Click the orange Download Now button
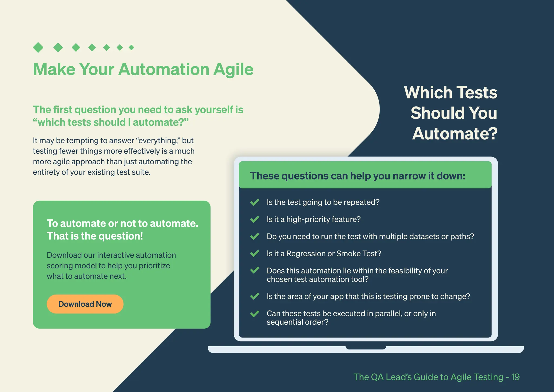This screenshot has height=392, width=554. [85, 304]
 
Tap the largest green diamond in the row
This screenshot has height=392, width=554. [38, 47]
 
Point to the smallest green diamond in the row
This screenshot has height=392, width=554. [131, 48]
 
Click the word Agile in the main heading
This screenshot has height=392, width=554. [233, 70]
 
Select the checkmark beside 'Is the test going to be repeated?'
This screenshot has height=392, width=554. [255, 202]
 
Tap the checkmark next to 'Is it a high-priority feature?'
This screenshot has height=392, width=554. [255, 219]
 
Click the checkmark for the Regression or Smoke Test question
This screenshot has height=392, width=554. [255, 253]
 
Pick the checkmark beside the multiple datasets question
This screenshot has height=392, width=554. [255, 236]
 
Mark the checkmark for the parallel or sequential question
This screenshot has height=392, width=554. [255, 314]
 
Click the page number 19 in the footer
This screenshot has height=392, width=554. [515, 377]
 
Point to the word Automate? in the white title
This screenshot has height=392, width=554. [455, 134]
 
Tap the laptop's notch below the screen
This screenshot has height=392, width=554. [366, 348]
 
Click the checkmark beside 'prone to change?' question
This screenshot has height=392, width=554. [255, 296]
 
